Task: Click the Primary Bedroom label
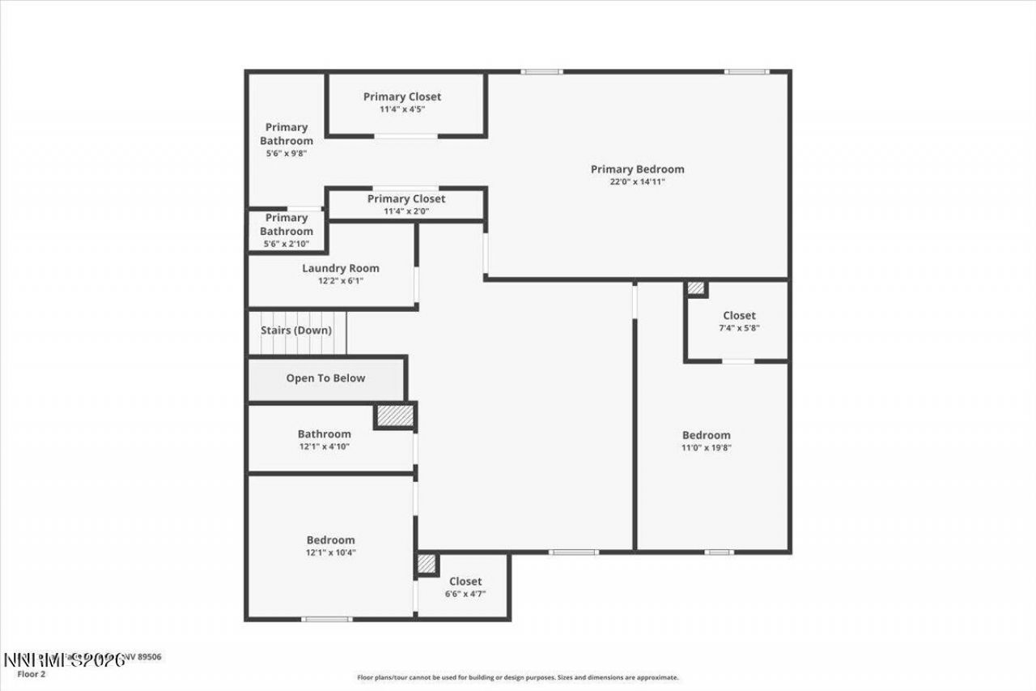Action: (637, 169)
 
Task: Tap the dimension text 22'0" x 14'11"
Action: (637, 182)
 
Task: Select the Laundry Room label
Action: (340, 268)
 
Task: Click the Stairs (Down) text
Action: (296, 331)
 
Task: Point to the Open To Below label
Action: (325, 378)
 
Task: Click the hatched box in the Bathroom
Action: (395, 416)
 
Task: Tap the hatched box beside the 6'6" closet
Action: (427, 563)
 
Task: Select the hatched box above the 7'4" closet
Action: (695, 288)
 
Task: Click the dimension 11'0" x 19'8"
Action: (706, 448)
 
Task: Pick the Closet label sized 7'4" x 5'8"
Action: (739, 315)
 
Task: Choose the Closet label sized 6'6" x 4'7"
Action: (465, 581)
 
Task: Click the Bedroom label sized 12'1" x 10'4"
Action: (330, 540)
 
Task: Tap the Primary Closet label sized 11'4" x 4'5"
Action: (402, 96)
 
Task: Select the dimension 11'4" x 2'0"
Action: (405, 211)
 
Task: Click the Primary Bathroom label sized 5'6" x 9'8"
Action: (287, 134)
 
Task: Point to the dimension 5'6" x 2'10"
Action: (287, 244)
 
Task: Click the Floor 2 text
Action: (30, 673)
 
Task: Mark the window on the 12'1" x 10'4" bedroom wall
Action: (327, 620)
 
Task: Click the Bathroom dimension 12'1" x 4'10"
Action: (324, 447)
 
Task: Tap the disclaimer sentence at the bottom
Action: (518, 677)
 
